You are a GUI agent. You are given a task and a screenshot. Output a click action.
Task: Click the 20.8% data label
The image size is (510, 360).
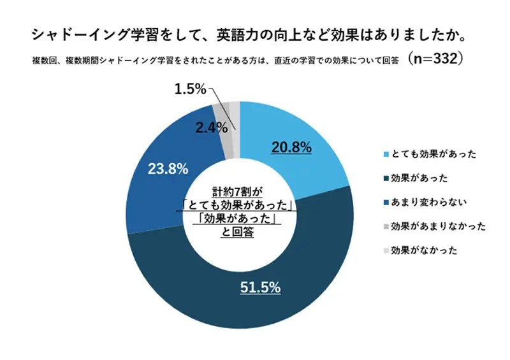291,148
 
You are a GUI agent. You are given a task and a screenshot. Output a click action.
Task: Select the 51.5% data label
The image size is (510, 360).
260,287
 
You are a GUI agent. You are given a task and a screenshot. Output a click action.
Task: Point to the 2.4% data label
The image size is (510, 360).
212,127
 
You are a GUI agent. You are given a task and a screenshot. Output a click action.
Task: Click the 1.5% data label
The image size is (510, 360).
190,90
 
